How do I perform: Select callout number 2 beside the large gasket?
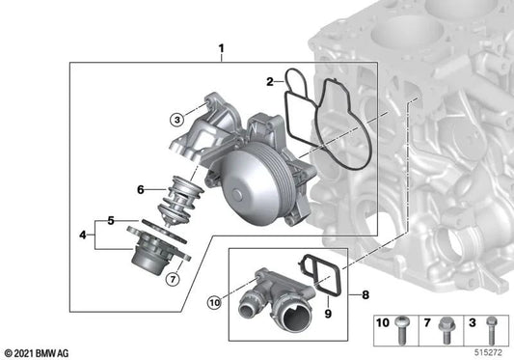point(271,82)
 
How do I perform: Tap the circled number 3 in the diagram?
point(176,120)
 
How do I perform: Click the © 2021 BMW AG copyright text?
point(38,351)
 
